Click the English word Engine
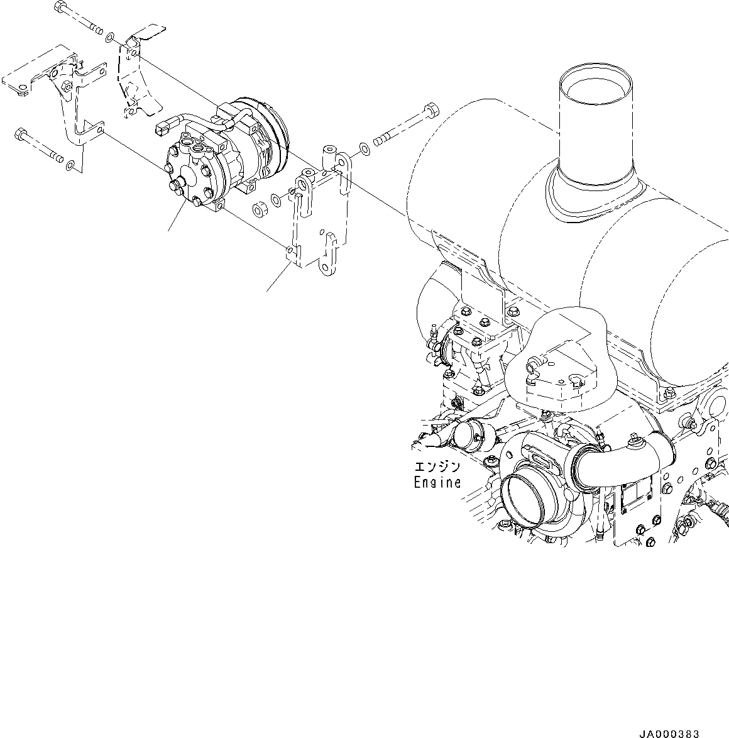click(437, 483)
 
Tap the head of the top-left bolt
click(60, 8)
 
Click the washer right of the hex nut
click(277, 202)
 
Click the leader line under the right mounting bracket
click(277, 278)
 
